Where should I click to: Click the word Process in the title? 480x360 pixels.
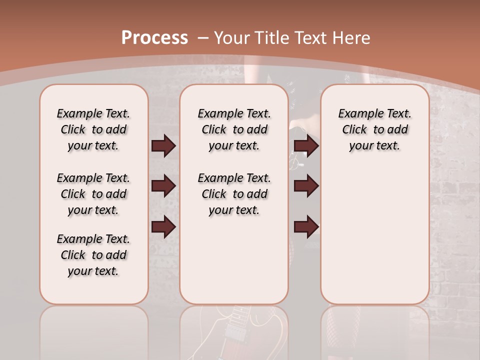coord(154,38)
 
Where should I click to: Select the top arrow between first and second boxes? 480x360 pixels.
coord(163,146)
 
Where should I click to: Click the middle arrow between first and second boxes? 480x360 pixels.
coord(163,186)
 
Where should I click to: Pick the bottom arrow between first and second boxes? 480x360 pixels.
coord(163,226)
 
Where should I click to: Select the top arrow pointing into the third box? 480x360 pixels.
coord(306,146)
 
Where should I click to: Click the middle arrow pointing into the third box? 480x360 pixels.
coord(306,186)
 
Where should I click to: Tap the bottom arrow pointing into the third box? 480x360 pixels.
coord(306,226)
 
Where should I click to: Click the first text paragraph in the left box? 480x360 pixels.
coord(93,129)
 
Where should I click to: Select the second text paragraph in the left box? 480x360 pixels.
coord(93,194)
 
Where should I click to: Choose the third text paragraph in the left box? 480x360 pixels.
coord(93,255)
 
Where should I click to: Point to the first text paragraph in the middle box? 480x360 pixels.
coord(234,129)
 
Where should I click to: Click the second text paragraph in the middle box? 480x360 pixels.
coord(234,194)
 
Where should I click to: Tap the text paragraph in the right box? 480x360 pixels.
coord(374,129)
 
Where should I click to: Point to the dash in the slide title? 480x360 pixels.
coord(203,38)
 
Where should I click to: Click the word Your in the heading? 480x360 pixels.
coord(232,38)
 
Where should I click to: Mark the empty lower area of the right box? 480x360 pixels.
coord(374,240)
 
